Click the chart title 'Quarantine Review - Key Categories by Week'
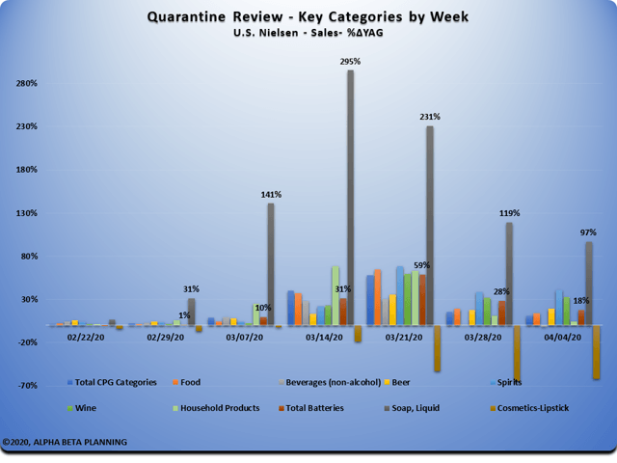(x=308, y=16)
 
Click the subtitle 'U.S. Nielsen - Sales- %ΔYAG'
(x=308, y=33)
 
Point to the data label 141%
(x=270, y=195)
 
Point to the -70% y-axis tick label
(x=25, y=386)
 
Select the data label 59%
(x=421, y=265)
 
